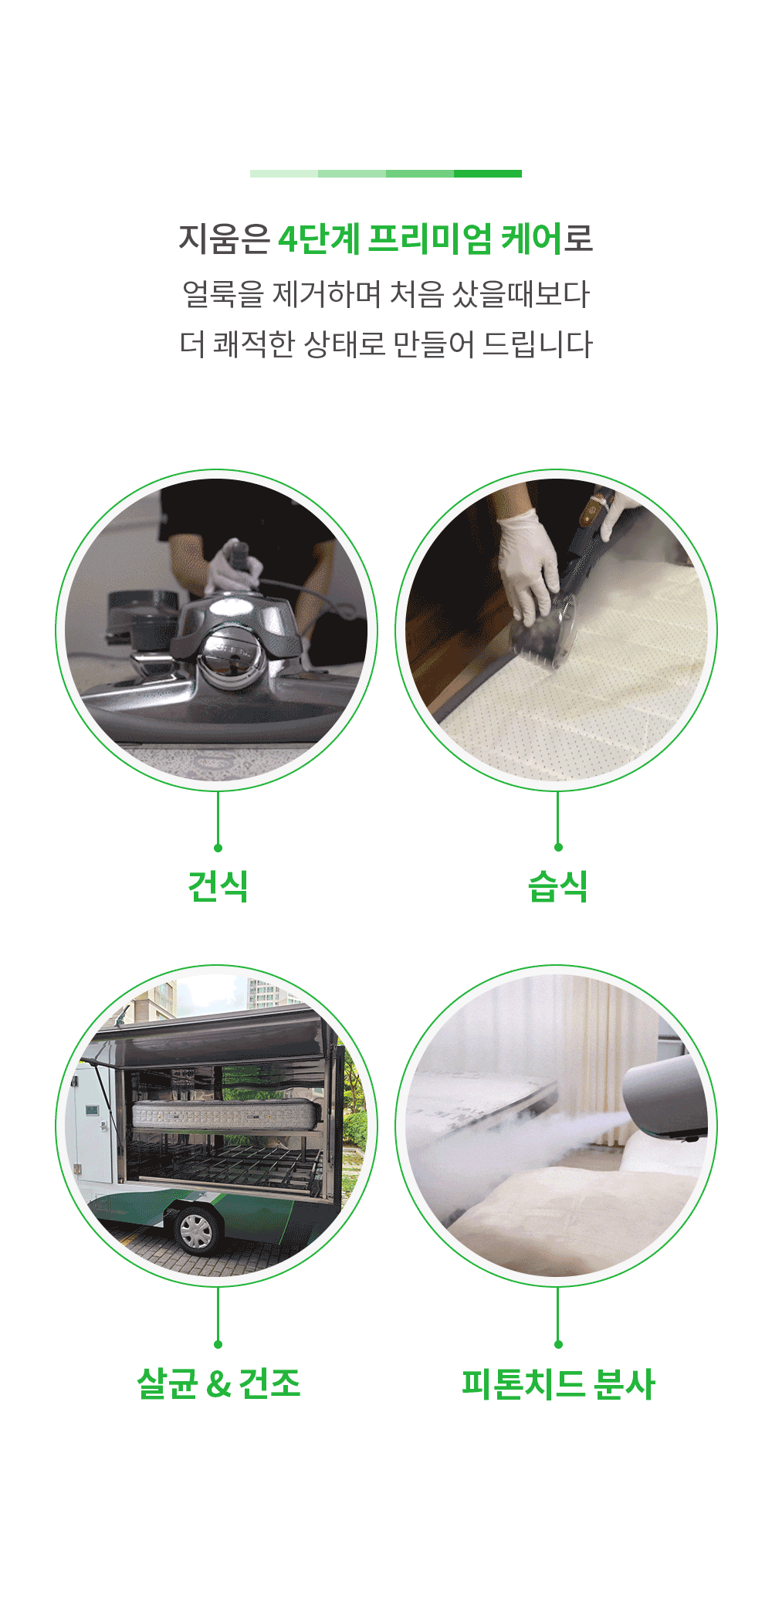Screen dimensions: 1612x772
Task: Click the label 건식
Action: click(218, 886)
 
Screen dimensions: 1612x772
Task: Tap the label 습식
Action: click(557, 886)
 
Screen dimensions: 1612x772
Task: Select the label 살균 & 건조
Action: click(218, 1383)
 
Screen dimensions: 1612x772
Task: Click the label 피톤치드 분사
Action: click(557, 1383)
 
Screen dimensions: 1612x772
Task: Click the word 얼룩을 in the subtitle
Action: click(222, 294)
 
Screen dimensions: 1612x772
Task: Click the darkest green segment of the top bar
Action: click(488, 174)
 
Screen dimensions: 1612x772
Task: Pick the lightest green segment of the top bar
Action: click(284, 174)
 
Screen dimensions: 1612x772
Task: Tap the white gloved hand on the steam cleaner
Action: click(529, 567)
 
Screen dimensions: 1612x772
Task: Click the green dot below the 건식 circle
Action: click(218, 848)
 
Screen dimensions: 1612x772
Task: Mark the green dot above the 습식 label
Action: click(558, 848)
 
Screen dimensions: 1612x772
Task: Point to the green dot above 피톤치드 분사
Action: click(558, 1344)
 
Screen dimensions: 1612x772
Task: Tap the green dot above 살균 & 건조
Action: click(218, 1344)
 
